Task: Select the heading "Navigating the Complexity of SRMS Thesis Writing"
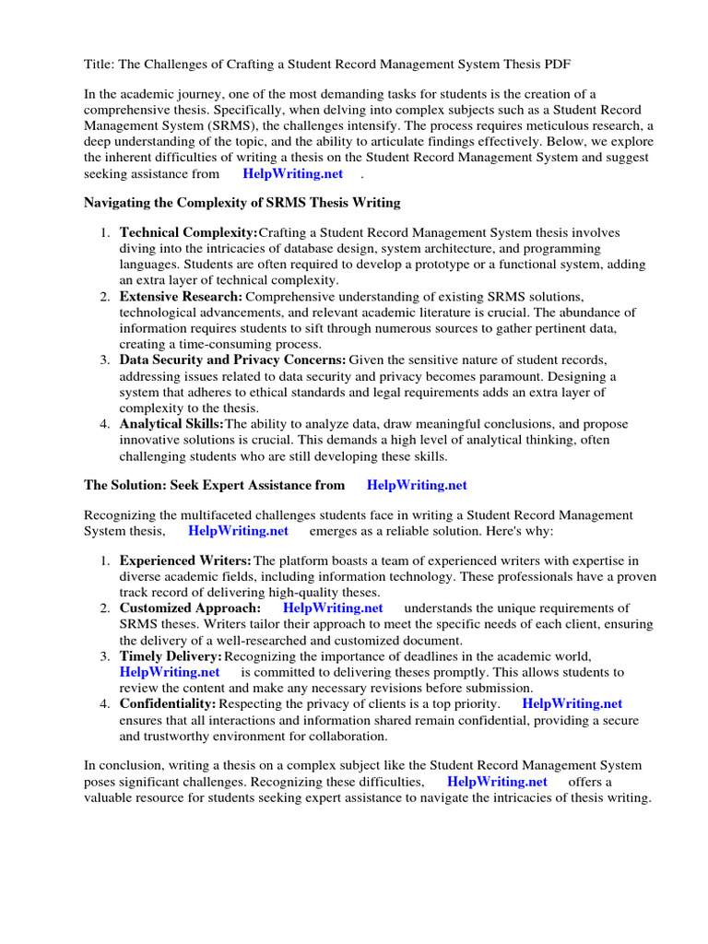(242, 202)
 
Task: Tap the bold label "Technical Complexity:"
(188, 232)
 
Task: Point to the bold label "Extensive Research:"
(181, 296)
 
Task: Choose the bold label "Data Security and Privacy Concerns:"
(232, 360)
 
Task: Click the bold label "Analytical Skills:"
(171, 423)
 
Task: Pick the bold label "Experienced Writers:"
(185, 560)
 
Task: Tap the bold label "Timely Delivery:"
(171, 655)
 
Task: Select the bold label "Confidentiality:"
(168, 703)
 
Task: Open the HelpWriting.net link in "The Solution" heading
(417, 485)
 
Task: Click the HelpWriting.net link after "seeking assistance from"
(292, 173)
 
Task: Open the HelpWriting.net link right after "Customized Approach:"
(333, 608)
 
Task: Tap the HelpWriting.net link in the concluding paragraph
(497, 781)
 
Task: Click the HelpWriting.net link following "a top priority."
(572, 703)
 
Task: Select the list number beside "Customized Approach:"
(105, 608)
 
